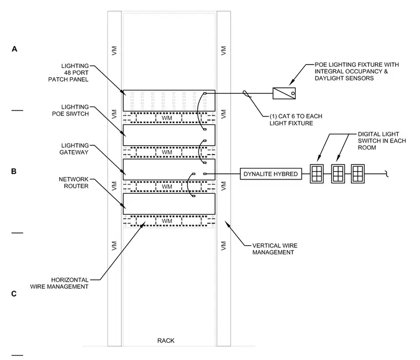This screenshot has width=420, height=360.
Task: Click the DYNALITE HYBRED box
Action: [271, 174]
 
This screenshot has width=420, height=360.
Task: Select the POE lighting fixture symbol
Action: [284, 93]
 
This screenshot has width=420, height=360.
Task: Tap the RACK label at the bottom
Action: [166, 341]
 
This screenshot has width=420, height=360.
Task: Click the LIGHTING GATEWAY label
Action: [75, 149]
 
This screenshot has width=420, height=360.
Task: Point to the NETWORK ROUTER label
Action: [73, 183]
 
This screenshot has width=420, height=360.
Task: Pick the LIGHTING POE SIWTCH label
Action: [70, 110]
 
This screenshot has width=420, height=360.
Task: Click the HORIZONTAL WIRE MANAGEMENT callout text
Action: [59, 283]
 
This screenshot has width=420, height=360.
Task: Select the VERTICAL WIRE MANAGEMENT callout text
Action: [275, 249]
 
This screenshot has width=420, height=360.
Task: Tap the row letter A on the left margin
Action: [14, 49]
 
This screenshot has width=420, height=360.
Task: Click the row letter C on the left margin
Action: [14, 294]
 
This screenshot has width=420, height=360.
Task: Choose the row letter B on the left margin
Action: [14, 171]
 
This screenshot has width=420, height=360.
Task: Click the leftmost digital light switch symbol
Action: [317, 174]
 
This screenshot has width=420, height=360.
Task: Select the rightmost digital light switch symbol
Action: [358, 174]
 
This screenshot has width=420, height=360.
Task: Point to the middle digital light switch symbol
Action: [338, 174]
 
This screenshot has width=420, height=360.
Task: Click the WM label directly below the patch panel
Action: [167, 118]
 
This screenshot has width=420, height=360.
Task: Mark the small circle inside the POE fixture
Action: [293, 93]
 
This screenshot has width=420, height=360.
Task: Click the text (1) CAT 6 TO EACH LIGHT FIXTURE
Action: [296, 120]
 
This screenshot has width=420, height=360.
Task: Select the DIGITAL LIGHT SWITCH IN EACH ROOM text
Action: [382, 141]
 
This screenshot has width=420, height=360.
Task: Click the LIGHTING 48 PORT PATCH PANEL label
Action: [69, 72]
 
